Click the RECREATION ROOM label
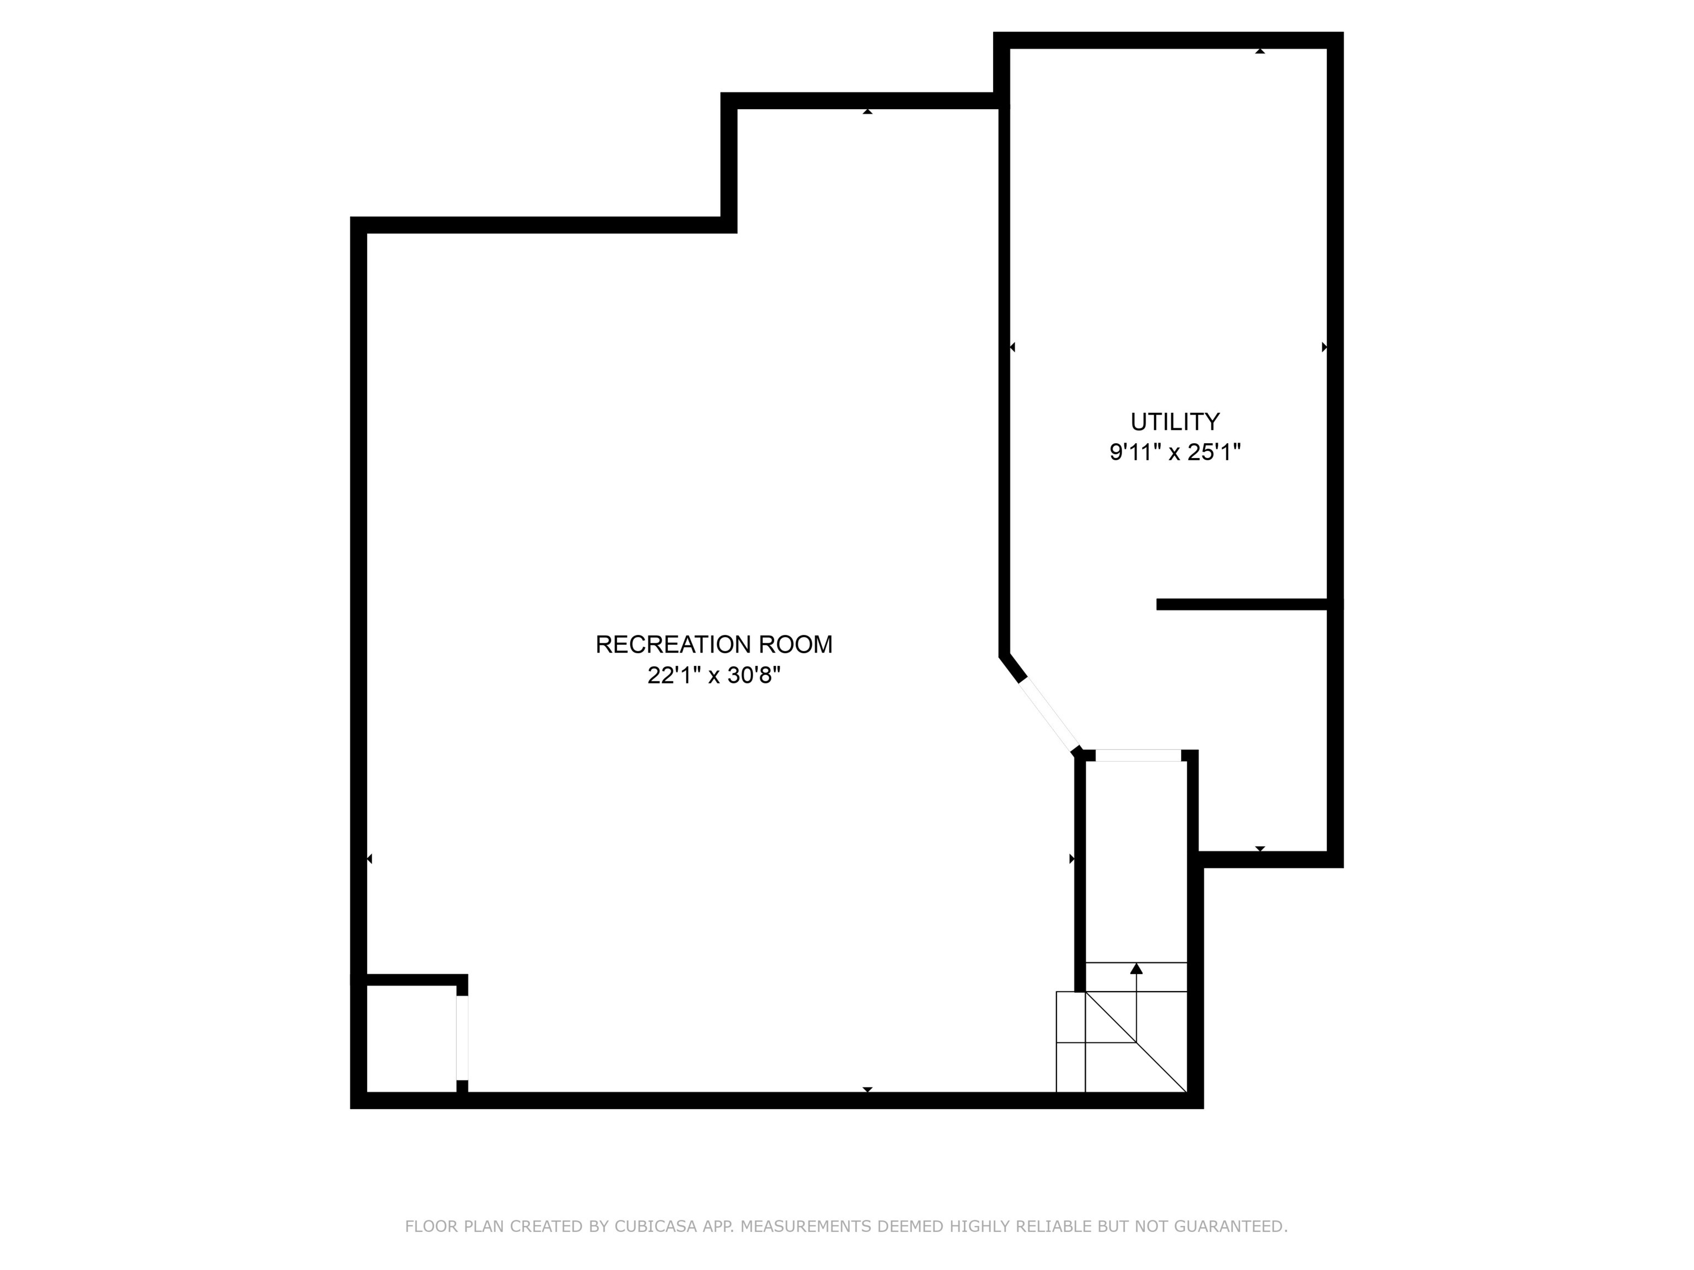click(714, 644)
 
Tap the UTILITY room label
click(1175, 422)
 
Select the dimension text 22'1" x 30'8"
click(714, 676)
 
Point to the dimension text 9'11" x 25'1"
click(1175, 453)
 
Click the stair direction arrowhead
click(1137, 969)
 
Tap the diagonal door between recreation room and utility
click(1048, 715)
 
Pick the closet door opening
click(462, 1037)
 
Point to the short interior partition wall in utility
click(1241, 605)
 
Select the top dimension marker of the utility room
click(1260, 51)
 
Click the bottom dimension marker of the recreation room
click(867, 1089)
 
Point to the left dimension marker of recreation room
click(369, 859)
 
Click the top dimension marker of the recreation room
click(867, 112)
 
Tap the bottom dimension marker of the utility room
click(1260, 849)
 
